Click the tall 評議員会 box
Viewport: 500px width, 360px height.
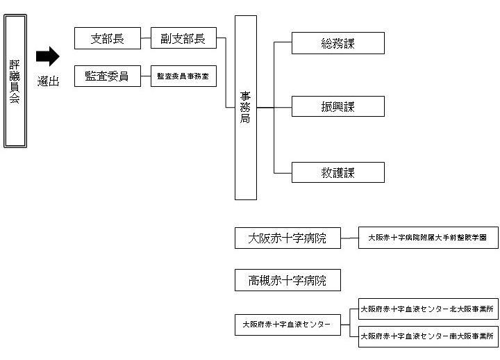[x=15, y=81]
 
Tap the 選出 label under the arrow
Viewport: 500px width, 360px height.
[x=48, y=81]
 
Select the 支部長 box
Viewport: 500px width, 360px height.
[x=108, y=39]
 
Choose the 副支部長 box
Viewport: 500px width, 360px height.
[x=183, y=39]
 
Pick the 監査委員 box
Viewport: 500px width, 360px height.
[x=108, y=76]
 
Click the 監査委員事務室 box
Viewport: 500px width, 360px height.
[x=183, y=76]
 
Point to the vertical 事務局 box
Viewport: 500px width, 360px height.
[x=246, y=108]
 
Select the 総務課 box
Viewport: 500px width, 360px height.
[x=337, y=42]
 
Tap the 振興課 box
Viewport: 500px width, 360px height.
[x=337, y=107]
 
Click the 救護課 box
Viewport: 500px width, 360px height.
[x=337, y=172]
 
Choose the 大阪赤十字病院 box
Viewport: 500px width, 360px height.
[x=287, y=238]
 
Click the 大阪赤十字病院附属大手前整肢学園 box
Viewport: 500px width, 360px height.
[x=428, y=238]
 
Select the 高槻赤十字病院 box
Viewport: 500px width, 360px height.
[x=287, y=280]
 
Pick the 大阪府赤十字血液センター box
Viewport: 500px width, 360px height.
[x=287, y=324]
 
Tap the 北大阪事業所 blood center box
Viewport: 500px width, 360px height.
[x=428, y=310]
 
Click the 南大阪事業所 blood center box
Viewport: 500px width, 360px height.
[x=428, y=337]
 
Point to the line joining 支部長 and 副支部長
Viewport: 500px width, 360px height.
[x=146, y=39]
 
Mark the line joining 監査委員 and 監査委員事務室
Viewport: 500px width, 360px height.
[x=146, y=76]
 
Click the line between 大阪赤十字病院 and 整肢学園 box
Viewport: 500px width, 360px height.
[x=349, y=238]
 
